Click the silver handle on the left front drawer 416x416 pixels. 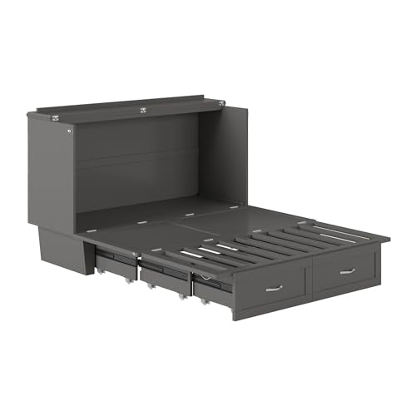pos(274,287)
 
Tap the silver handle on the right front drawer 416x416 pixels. pos(346,271)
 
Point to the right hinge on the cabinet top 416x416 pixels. pos(220,103)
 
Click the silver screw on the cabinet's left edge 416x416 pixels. pos(70,131)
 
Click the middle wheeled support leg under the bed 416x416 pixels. pos(151,285)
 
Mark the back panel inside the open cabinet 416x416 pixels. pos(137,162)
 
